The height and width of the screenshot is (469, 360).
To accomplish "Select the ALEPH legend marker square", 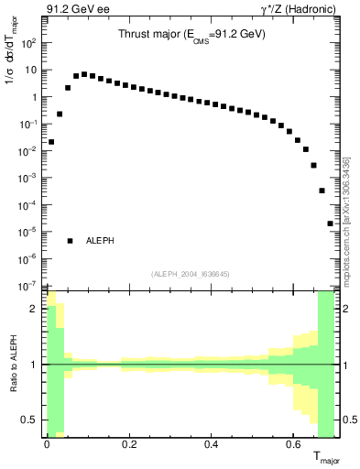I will (70, 241).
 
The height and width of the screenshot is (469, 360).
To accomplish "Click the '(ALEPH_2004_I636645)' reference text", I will (191, 274).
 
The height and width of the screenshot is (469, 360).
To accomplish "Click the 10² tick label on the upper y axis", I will (29, 43).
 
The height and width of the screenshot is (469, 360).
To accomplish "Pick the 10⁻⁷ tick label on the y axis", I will (29, 286).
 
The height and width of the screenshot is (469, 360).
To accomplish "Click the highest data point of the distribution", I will (84, 74).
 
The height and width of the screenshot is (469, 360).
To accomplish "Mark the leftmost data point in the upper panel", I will (51, 142).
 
